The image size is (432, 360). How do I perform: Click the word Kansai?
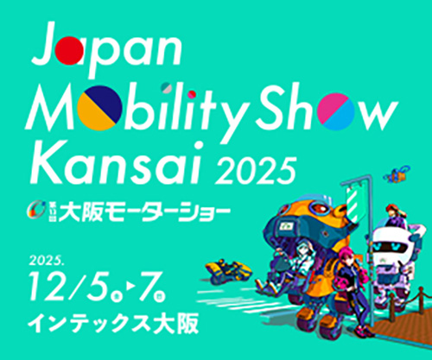pos(96,164)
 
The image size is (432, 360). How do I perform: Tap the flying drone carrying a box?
pos(397,176)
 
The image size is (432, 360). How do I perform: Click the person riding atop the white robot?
pos(393,217)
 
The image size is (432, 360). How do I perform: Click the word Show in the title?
pos(342,107)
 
